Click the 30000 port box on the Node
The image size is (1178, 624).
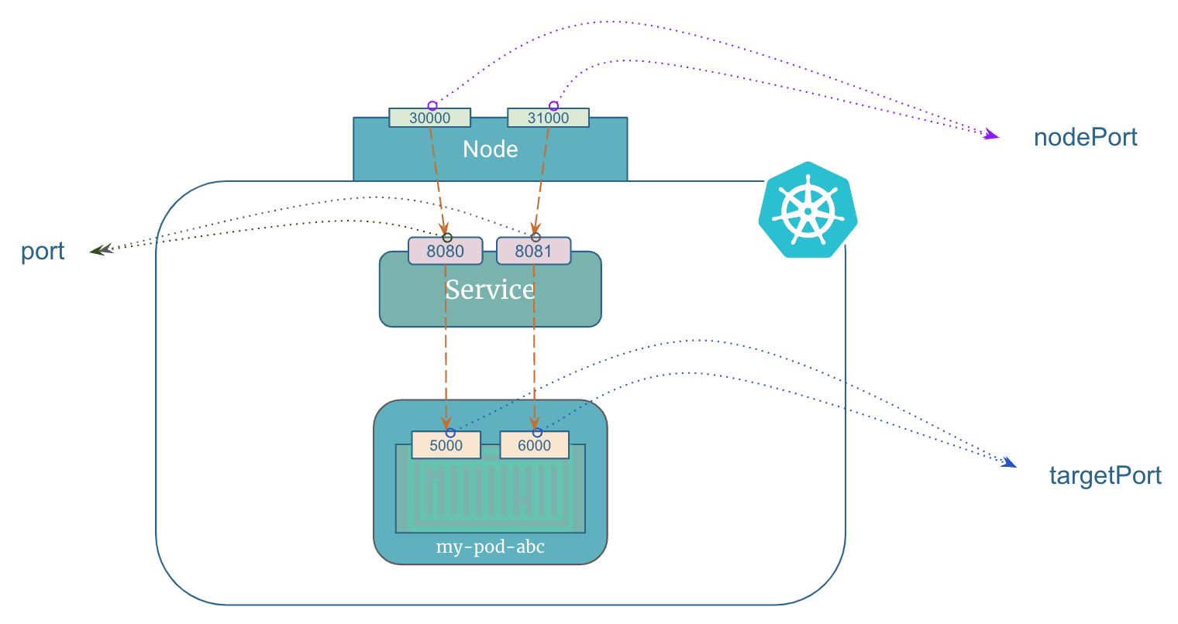click(429, 118)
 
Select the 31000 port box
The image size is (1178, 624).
click(548, 118)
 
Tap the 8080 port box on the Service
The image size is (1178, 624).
click(445, 252)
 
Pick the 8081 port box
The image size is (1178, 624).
click(533, 252)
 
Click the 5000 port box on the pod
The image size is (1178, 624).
click(446, 446)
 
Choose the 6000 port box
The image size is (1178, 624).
click(534, 446)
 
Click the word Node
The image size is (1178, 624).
click(490, 149)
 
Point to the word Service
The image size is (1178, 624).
click(490, 290)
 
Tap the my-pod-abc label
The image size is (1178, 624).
click(490, 547)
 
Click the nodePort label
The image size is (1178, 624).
click(1085, 138)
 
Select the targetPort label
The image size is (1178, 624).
click(1105, 475)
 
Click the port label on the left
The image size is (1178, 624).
click(43, 252)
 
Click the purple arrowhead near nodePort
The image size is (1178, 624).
click(991, 136)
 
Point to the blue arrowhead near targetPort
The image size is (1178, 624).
click(1008, 463)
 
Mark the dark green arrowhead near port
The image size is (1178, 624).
click(96, 250)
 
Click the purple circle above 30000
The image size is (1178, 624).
click(432, 105)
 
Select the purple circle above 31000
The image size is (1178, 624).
click(553, 105)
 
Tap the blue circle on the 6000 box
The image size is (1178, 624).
click(537, 432)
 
